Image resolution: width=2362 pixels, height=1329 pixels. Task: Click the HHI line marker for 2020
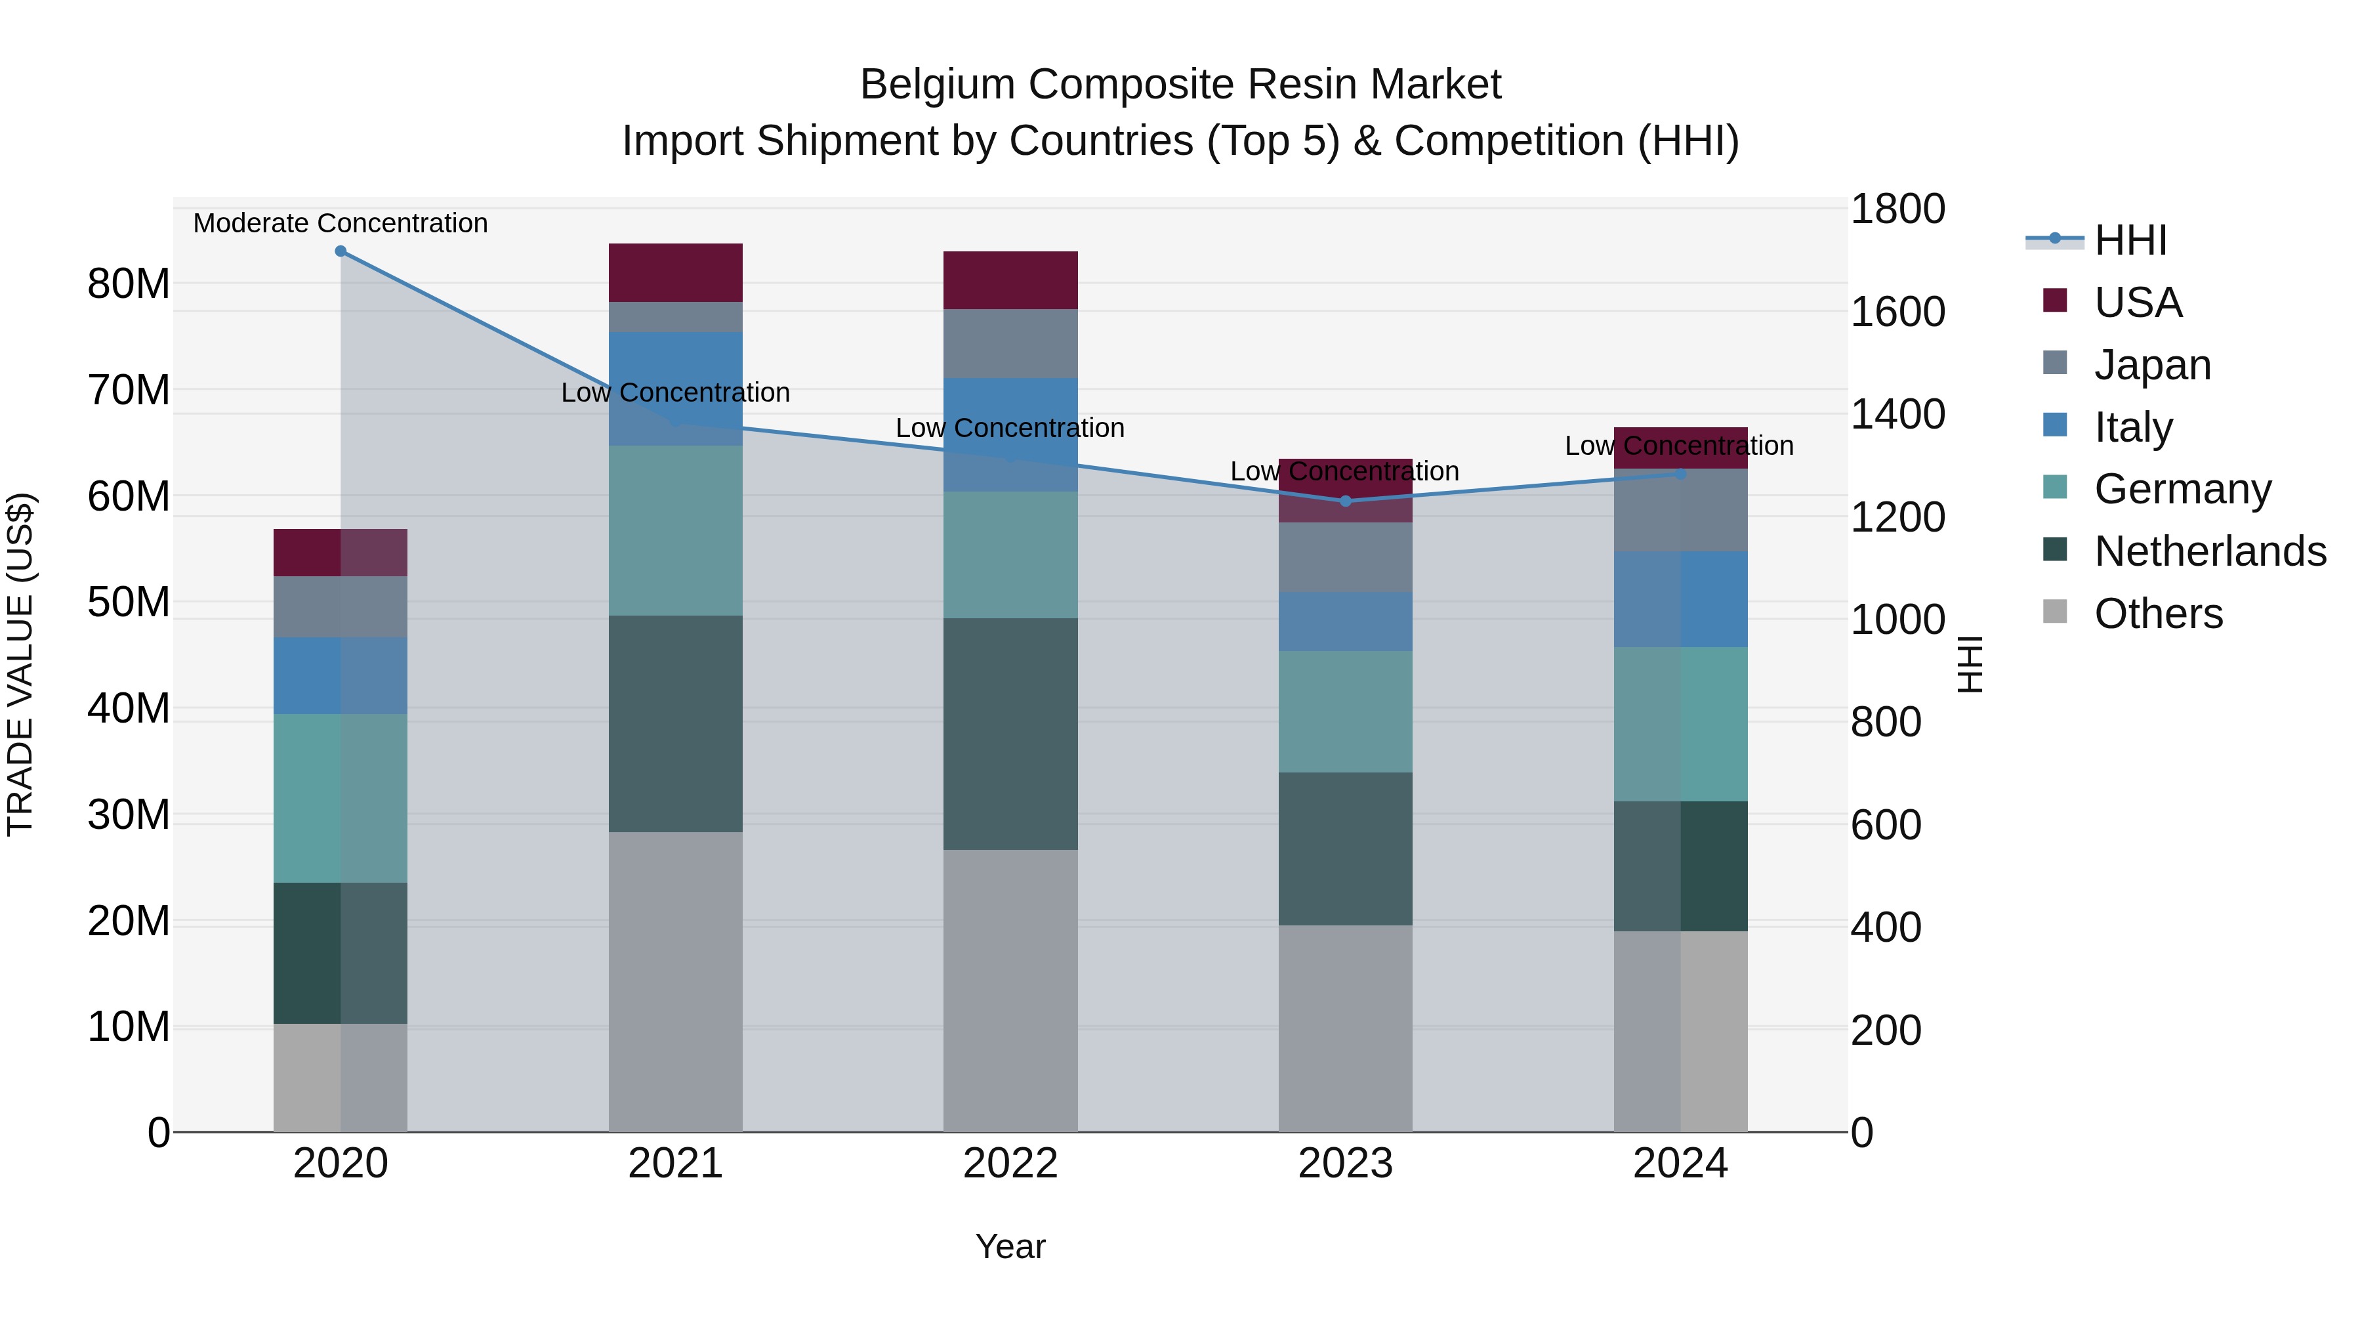click(340, 251)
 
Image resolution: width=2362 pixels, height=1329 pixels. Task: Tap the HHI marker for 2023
click(1345, 501)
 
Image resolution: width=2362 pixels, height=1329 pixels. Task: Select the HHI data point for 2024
click(1680, 475)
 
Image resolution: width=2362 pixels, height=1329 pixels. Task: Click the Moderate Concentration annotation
click(340, 223)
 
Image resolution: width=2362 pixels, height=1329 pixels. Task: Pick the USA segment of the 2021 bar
click(675, 272)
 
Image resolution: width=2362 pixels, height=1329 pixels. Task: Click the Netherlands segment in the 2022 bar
click(1010, 734)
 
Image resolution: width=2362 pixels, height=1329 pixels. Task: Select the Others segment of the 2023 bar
click(1345, 1027)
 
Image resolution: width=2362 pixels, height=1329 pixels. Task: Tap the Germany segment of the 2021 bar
click(675, 530)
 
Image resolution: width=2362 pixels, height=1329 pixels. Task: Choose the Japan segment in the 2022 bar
click(1010, 343)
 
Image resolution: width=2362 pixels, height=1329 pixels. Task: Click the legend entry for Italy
click(2133, 427)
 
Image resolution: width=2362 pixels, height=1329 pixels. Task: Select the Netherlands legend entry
click(2210, 551)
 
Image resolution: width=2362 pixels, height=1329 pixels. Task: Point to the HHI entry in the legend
click(2130, 240)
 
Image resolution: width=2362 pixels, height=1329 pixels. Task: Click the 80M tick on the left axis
click(129, 284)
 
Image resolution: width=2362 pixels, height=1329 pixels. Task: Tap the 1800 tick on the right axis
click(1896, 209)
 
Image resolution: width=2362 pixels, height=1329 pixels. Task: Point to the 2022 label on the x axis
click(1010, 1164)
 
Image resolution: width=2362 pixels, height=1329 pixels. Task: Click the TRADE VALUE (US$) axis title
click(20, 664)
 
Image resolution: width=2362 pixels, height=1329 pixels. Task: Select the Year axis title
click(1010, 1246)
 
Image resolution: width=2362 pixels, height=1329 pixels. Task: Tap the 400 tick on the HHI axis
click(1885, 927)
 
